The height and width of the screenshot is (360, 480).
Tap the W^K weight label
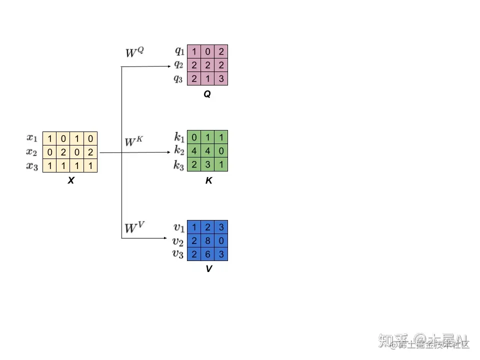click(x=133, y=142)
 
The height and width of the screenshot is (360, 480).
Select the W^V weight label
click(x=134, y=228)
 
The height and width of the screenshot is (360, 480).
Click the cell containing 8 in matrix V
click(x=207, y=241)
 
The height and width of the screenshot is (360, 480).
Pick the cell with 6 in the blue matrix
click(x=207, y=254)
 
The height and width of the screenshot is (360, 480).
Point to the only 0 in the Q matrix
click(x=207, y=51)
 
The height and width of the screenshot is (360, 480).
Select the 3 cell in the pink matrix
click(x=221, y=78)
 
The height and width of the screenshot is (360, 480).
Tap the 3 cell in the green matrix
click(x=207, y=165)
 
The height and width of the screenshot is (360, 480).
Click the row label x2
click(x=32, y=152)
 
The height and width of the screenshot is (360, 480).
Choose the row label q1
click(x=179, y=50)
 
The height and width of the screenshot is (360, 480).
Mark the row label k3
click(x=179, y=165)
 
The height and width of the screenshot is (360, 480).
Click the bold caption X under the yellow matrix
click(x=70, y=181)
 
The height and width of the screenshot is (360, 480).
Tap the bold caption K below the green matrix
click(x=208, y=181)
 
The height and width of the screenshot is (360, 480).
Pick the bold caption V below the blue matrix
click(x=208, y=269)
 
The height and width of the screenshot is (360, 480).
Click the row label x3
click(x=32, y=165)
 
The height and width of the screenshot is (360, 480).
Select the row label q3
click(x=178, y=78)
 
